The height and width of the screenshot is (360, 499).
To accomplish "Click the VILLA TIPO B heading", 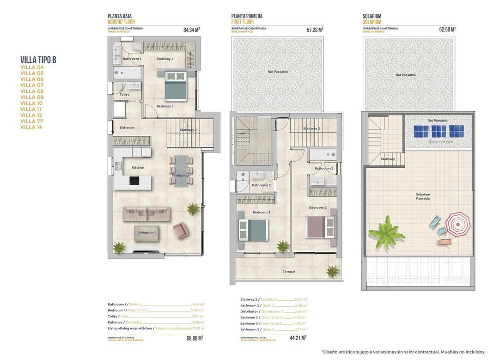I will pos(38,60).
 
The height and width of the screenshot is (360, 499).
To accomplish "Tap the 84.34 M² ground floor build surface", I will pos(191,30).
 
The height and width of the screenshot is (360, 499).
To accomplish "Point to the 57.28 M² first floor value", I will pos(315,30).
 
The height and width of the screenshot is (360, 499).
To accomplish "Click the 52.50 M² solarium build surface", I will pos(447,30).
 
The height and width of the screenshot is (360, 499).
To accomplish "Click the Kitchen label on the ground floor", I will pos(138,168).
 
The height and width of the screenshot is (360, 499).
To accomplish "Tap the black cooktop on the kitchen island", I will pos(134,181).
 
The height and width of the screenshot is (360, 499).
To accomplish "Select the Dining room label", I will pos(181,176).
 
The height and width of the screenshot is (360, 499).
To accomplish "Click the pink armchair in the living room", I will pos(180,230).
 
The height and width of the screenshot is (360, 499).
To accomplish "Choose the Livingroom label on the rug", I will pos(146,232).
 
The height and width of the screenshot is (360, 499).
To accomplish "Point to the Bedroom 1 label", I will pos(165,106).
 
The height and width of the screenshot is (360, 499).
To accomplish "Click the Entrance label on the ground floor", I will pos(127,128).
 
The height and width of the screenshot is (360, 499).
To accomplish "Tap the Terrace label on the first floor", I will pos(289,272).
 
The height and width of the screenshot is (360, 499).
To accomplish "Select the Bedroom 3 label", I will pos(261,212).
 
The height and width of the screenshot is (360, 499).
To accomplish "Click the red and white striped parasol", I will pos(457,224).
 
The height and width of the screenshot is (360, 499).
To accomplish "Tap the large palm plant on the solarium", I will pos(386,233).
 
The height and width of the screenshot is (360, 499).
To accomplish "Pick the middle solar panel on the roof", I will pos(438,131).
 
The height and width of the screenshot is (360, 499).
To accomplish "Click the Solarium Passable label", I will pos(423,196).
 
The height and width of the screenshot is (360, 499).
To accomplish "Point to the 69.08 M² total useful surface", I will pos(194,338).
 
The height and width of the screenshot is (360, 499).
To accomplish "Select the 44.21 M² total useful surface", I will pos(298,338).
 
